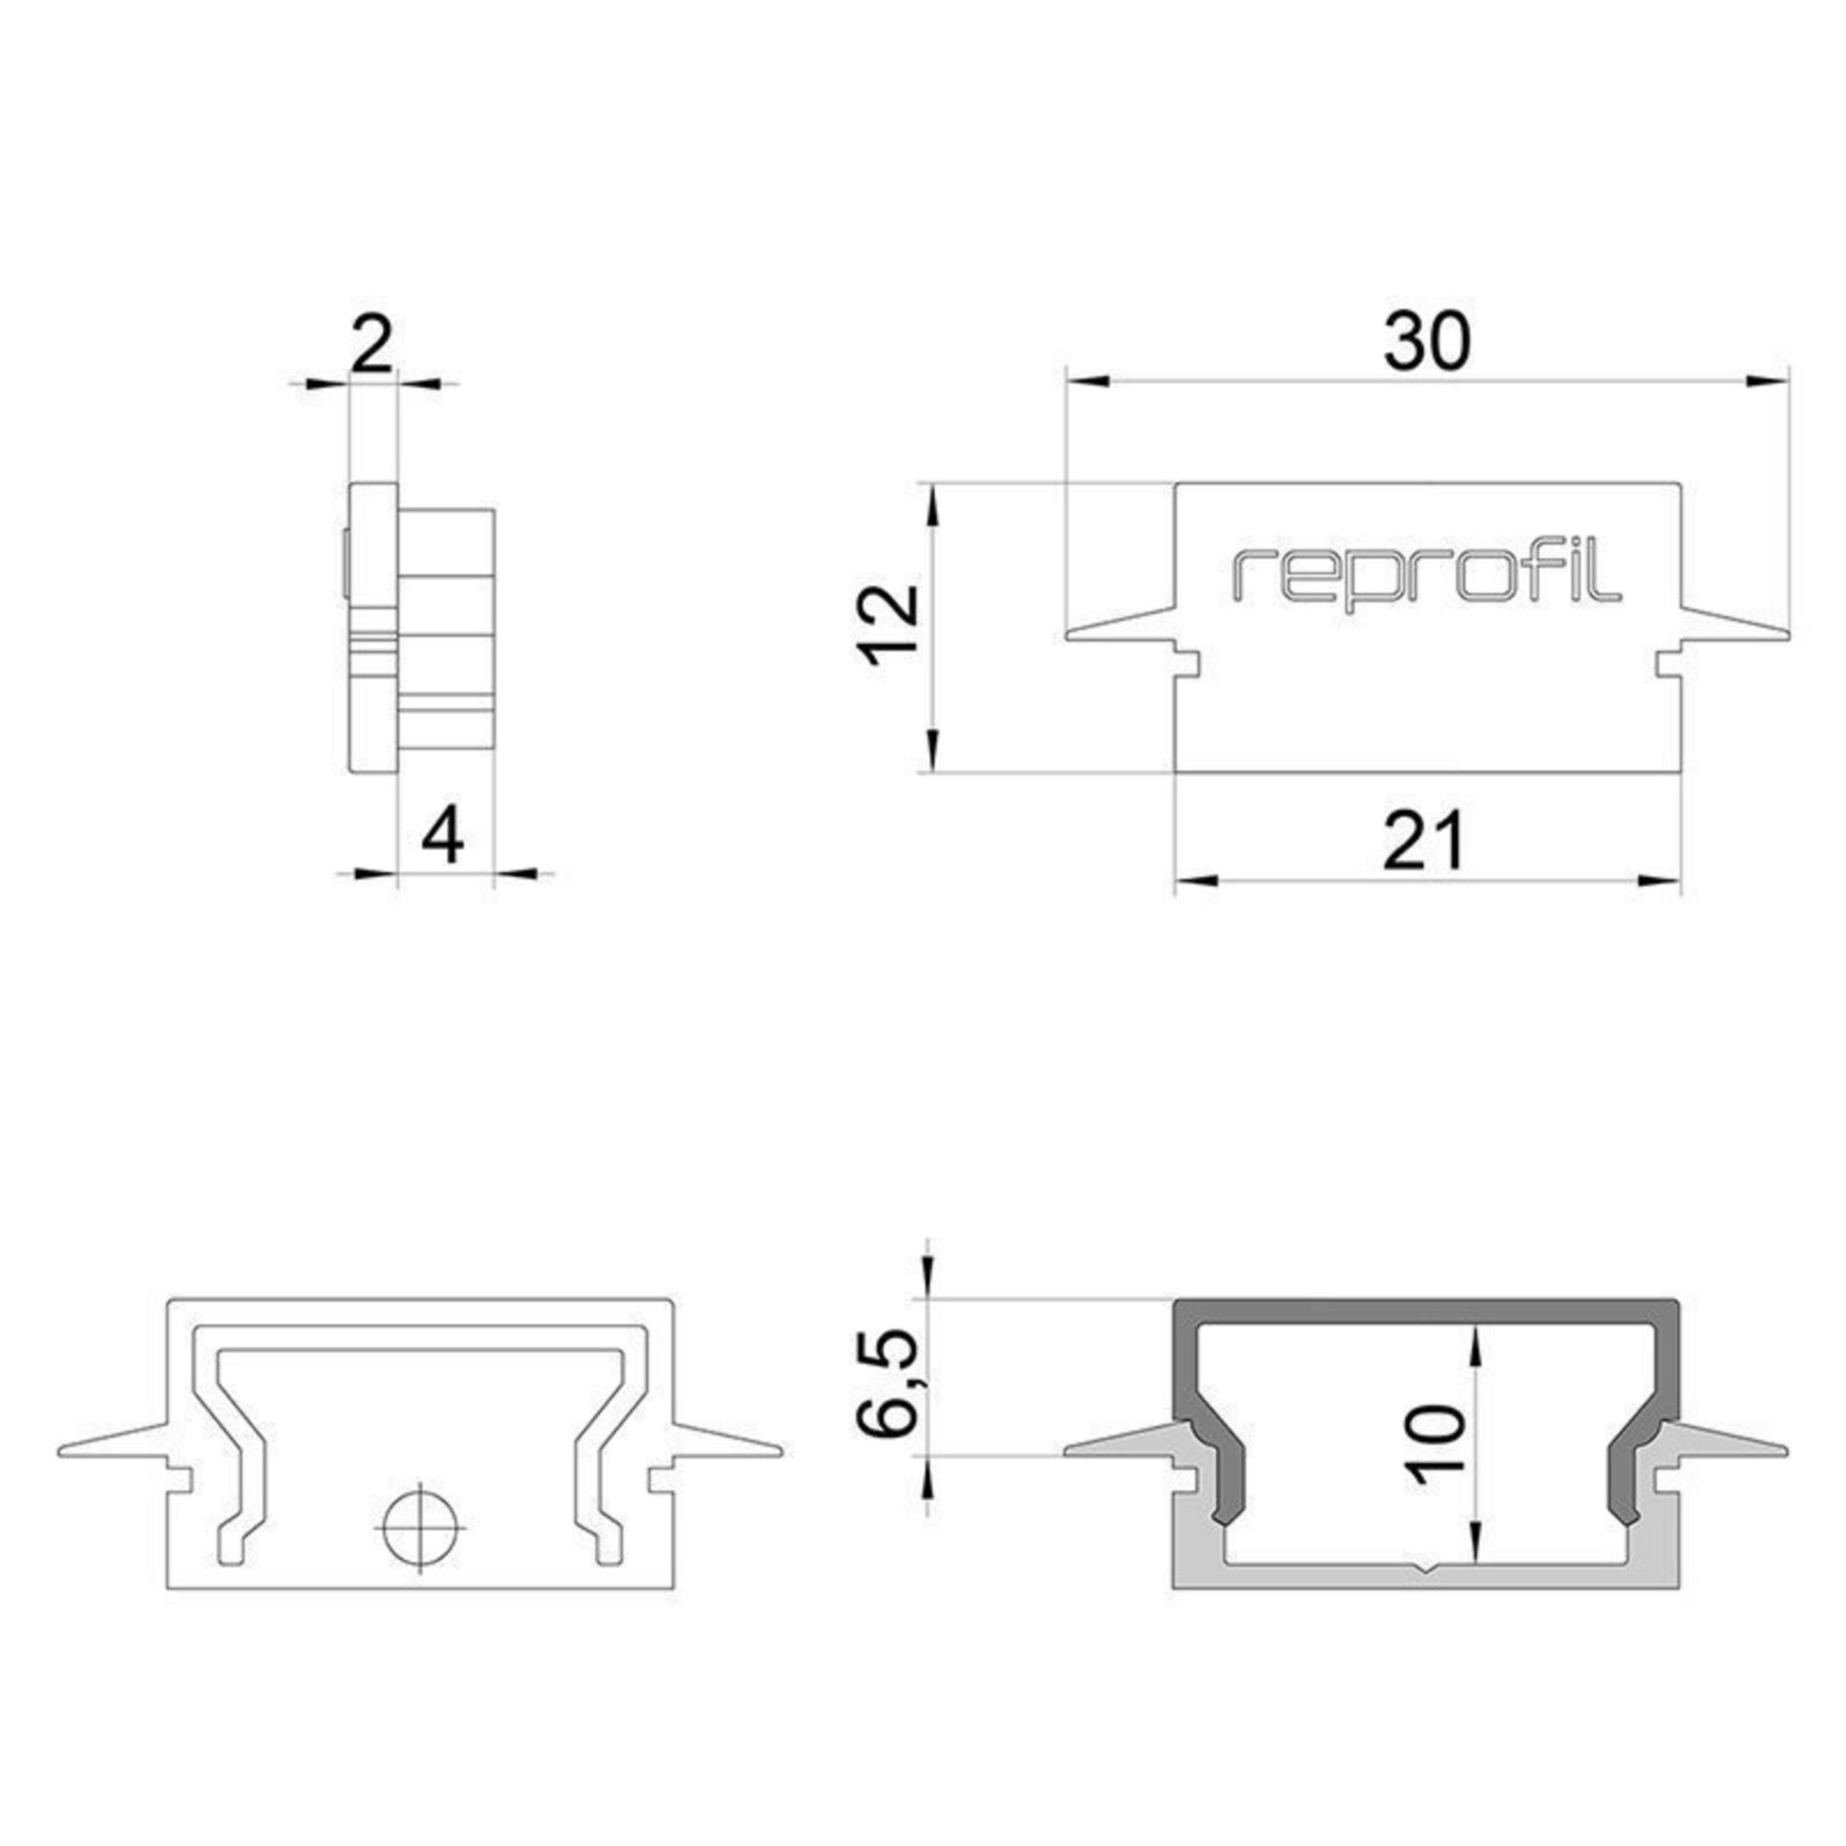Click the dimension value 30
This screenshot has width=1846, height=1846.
[1426, 341]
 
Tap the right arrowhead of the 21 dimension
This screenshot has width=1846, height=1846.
[1663, 879]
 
